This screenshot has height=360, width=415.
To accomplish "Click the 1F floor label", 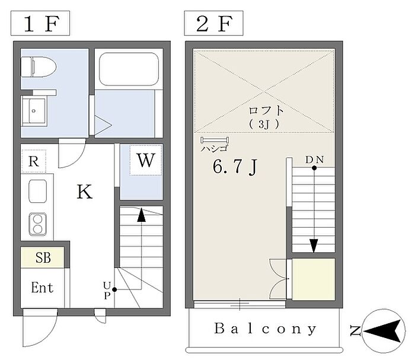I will [x=40, y=24].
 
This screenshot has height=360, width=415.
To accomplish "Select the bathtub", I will [x=128, y=69].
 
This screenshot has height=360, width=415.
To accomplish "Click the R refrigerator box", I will [x=34, y=160].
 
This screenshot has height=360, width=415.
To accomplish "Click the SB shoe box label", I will [x=42, y=258].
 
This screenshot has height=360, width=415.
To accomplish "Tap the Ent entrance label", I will [x=42, y=288].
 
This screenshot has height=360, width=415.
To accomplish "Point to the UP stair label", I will [x=107, y=289].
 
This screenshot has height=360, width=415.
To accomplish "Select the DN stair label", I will [x=314, y=160].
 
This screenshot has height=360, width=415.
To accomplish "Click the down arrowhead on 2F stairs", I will [x=314, y=245].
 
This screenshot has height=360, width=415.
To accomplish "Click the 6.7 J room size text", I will [x=234, y=168].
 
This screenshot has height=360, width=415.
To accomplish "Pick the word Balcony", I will [x=266, y=328].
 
